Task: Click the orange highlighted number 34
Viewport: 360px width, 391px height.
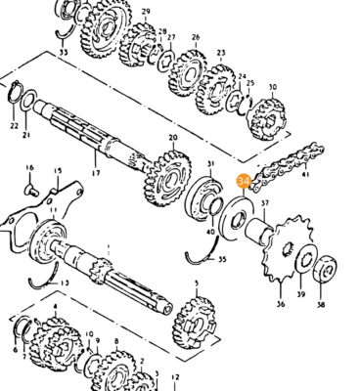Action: tap(243, 180)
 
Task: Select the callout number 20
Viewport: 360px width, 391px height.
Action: tap(173, 138)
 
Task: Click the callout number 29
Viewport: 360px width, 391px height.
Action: tap(146, 11)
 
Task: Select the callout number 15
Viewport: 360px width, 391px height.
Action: tap(57, 172)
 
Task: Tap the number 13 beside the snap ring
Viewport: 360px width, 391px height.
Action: tap(65, 282)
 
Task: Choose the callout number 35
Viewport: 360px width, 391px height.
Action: tap(222, 260)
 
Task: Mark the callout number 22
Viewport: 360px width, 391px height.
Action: tap(14, 125)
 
